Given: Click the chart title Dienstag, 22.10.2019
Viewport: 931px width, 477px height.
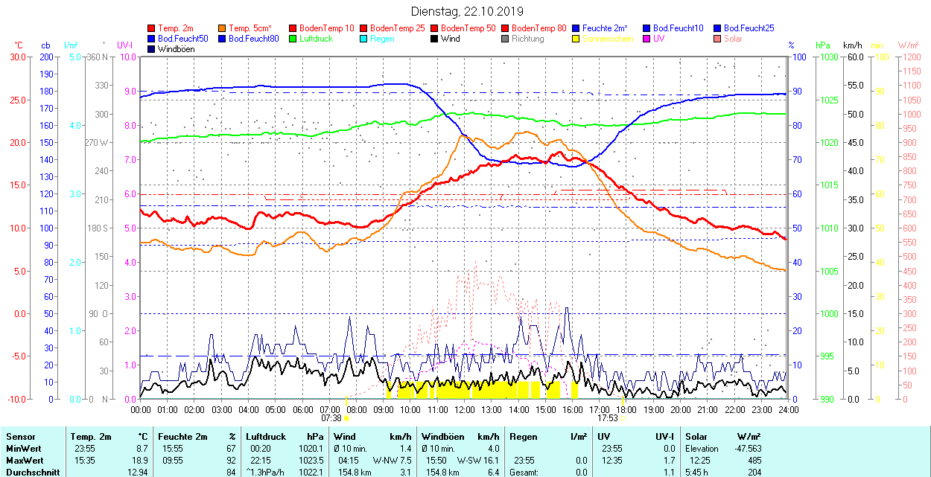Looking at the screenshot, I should coord(467,11).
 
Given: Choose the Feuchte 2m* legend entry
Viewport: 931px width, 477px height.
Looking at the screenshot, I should coord(605,28).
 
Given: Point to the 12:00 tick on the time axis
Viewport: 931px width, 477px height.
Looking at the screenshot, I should coord(465,409).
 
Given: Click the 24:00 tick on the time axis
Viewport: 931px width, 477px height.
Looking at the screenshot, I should coord(787,409).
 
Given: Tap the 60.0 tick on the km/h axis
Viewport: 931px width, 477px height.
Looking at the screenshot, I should coord(854,57).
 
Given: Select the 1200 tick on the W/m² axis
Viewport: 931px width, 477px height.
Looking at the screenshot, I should coord(909,57).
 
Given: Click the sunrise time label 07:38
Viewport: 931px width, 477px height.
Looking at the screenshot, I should coord(331,418).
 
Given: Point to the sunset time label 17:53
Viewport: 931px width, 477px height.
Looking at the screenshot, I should coord(609,418).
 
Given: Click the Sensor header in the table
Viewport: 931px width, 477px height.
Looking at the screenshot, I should coord(20,437).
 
